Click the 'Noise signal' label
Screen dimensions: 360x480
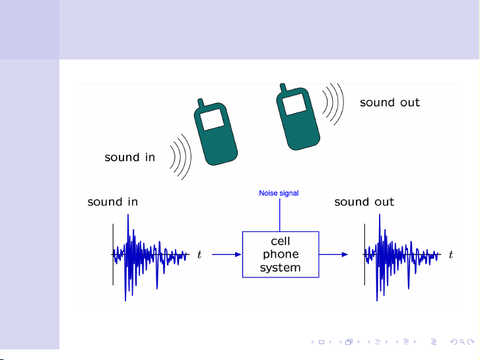pos(279,194)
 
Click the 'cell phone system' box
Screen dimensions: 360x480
pos(281,254)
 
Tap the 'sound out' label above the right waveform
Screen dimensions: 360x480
pos(364,201)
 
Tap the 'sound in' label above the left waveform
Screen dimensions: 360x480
pos(113,201)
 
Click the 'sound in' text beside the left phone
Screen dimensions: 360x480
pos(130,157)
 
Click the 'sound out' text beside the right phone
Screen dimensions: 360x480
pos(390,102)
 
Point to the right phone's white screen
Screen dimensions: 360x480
pos(294,102)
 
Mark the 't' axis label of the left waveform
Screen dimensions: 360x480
pos(199,254)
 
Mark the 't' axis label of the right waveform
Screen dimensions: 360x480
pos(451,254)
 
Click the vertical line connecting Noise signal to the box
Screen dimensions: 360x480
pos(280,215)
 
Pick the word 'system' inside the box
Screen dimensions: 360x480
pos(281,268)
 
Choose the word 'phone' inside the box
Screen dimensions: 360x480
pos(281,254)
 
